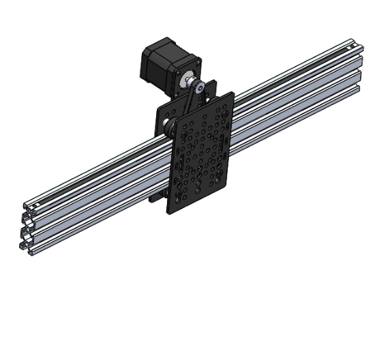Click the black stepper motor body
pos(161,58)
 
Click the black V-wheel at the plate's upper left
pos(168,126)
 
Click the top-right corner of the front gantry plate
pos(234,93)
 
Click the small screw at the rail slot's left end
pos(35,204)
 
